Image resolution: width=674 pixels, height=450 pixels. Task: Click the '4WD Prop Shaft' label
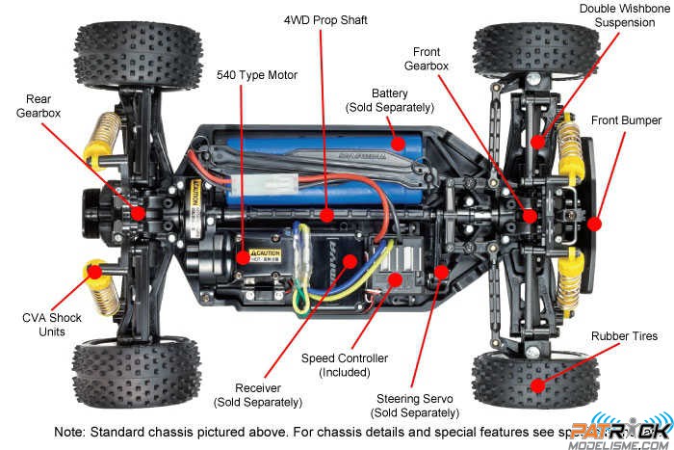(x=325, y=19)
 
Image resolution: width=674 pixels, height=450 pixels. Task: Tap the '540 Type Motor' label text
(x=257, y=74)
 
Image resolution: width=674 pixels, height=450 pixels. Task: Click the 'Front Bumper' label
(x=627, y=120)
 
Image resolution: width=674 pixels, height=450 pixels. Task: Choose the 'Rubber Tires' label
(x=625, y=336)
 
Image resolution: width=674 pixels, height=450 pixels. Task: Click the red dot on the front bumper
(x=595, y=223)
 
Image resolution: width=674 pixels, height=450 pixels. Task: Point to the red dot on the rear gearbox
(x=139, y=213)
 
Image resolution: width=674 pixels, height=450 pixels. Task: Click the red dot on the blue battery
(x=397, y=142)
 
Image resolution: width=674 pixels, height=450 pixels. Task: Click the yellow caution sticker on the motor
(x=265, y=255)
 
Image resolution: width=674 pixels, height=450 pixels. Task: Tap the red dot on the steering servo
(x=441, y=272)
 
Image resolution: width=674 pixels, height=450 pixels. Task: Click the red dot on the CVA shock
(x=94, y=272)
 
